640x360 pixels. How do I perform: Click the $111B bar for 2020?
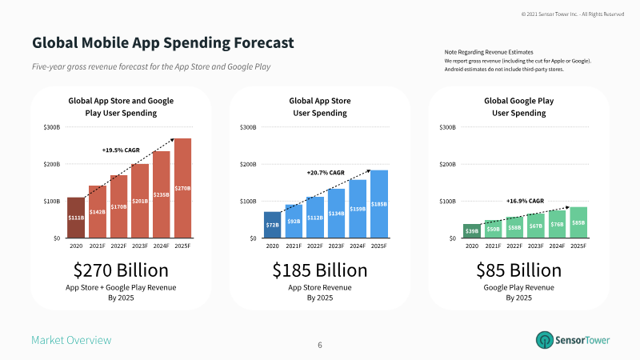click(x=75, y=217)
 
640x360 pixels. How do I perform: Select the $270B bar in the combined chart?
click(x=182, y=188)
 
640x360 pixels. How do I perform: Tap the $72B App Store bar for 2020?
click(x=273, y=225)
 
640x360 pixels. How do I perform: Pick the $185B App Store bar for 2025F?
click(x=379, y=203)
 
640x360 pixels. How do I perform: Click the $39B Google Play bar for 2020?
click(x=471, y=230)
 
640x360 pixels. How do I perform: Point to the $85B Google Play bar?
click(x=578, y=222)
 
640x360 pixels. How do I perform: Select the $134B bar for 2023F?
click(x=337, y=213)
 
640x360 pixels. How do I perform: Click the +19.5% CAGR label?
click(x=121, y=150)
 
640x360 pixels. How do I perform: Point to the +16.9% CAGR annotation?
click(x=525, y=201)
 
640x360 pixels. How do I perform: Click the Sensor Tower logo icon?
click(x=546, y=340)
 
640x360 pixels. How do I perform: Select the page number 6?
click(x=320, y=345)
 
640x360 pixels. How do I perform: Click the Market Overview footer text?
click(x=71, y=341)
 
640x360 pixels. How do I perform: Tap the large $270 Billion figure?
click(x=121, y=269)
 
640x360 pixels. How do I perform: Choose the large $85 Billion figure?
click(x=518, y=269)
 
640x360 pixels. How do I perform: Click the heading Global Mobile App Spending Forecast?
click(x=162, y=42)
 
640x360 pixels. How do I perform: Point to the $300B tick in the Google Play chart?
click(x=448, y=127)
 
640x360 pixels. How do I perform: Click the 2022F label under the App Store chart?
click(x=315, y=246)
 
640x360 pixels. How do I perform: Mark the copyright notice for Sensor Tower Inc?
click(x=572, y=14)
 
